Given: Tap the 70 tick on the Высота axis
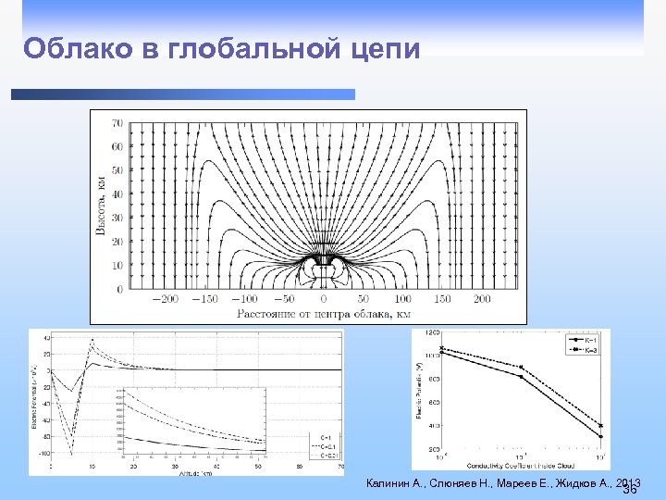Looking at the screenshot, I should (x=117, y=122).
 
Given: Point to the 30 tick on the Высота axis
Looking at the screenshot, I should (x=117, y=218).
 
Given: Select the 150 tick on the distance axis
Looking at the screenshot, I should (x=443, y=300).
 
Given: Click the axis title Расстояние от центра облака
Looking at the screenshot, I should (x=323, y=314).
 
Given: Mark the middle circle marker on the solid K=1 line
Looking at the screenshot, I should (x=522, y=376).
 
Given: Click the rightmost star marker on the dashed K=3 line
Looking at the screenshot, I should (x=600, y=425).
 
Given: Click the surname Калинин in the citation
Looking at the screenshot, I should (x=389, y=483).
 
